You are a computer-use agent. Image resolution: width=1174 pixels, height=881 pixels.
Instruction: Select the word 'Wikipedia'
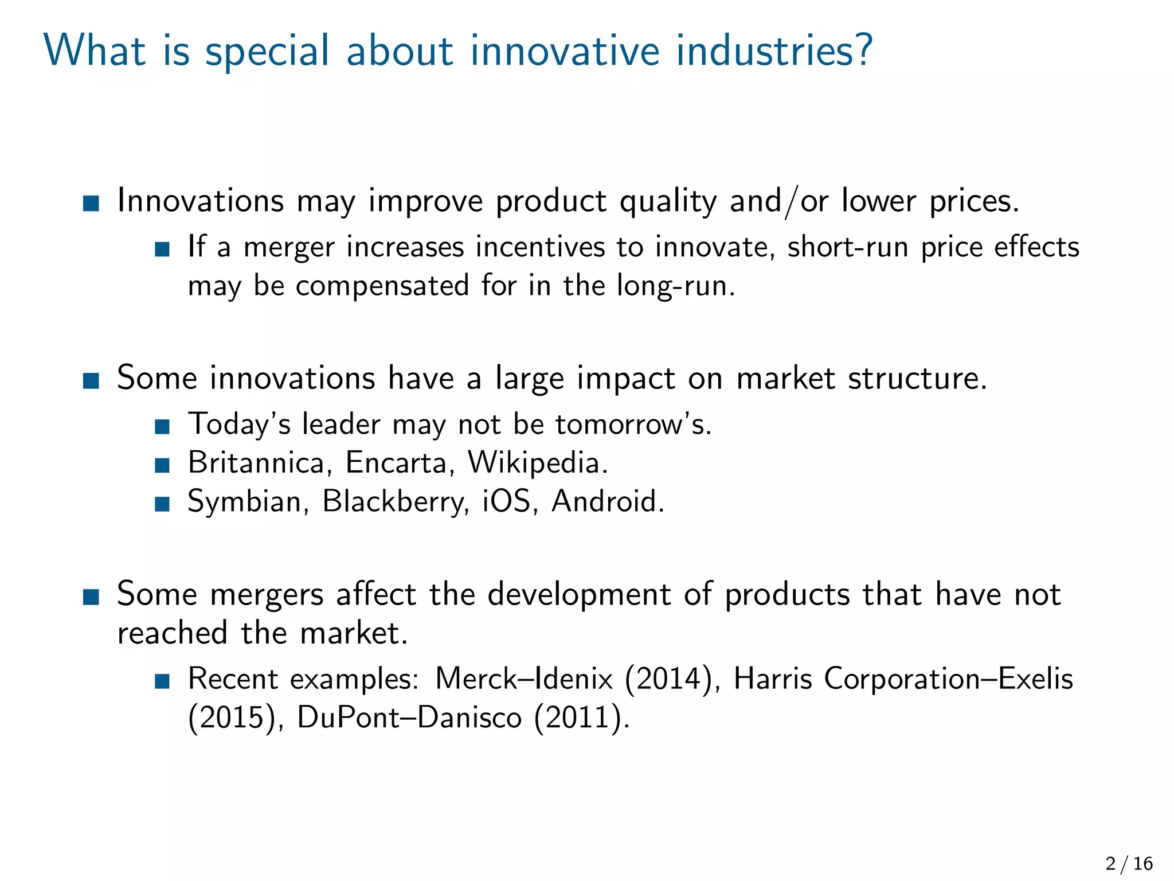tap(537, 463)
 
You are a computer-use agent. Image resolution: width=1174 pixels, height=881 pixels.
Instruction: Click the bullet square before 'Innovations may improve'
tap(91, 203)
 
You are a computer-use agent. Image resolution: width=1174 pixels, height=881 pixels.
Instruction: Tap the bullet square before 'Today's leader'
tap(163, 426)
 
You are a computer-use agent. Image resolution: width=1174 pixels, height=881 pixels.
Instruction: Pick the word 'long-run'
tap(675, 286)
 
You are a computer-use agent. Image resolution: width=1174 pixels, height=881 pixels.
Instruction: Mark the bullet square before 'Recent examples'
tap(163, 681)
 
